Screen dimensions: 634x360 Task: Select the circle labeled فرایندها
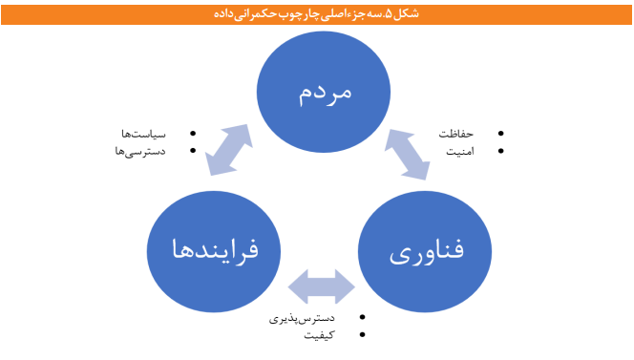coord(213,250)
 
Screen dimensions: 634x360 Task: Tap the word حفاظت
coord(456,134)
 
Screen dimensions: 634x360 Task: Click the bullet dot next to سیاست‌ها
coord(194,134)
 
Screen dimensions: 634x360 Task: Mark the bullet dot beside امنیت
coord(503,151)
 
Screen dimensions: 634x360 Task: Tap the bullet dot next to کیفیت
coord(362,335)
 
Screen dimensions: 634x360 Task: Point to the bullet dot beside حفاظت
coord(503,134)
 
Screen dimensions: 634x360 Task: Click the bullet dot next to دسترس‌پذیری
coord(362,318)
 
